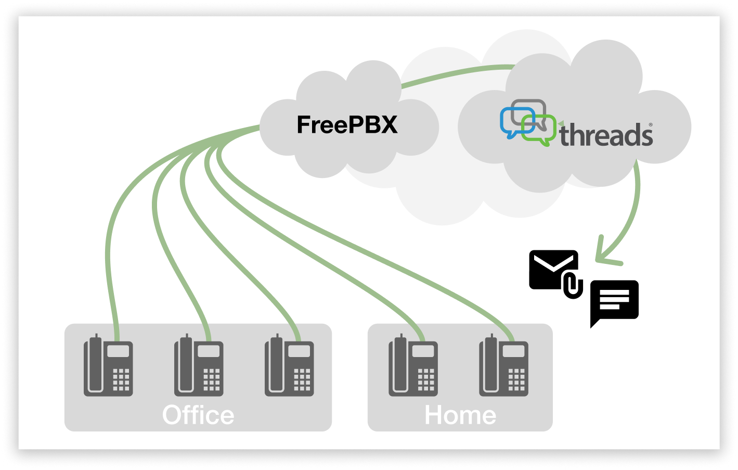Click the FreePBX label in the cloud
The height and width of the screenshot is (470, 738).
tap(347, 125)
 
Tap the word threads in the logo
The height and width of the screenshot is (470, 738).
tap(606, 135)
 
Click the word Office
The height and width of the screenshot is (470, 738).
tap(198, 415)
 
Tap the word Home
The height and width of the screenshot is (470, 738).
tap(460, 415)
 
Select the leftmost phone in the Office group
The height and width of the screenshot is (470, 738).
tap(108, 367)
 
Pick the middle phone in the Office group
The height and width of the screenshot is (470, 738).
tap(199, 367)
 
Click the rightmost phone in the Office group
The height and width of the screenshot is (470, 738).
tap(289, 367)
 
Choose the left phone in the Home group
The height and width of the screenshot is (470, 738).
tap(413, 367)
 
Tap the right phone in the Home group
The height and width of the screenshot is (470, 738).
tap(503, 367)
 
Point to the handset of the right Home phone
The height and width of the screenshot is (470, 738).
tap(490, 365)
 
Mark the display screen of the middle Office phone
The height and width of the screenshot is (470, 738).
tap(209, 351)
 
